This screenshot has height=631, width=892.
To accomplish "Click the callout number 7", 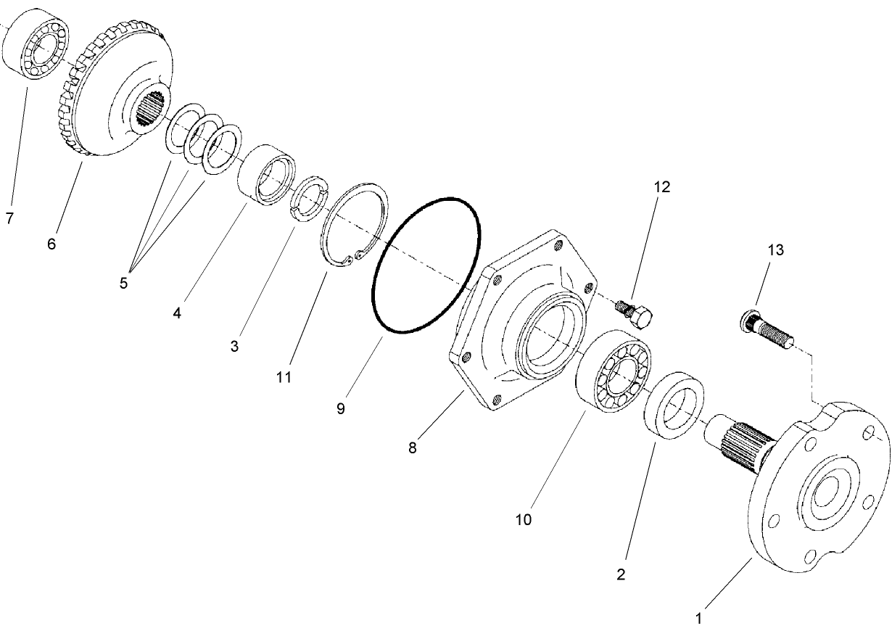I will (x=9, y=218).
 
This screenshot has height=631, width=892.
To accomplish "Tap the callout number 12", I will (x=661, y=186).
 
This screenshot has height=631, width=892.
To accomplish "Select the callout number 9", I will (x=341, y=408).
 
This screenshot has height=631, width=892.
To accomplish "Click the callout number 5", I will (x=123, y=283).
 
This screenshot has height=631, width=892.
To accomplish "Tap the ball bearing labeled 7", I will (x=38, y=44).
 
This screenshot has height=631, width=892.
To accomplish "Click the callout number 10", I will (x=524, y=519).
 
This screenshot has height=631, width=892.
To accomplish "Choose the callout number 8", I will (x=412, y=448).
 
